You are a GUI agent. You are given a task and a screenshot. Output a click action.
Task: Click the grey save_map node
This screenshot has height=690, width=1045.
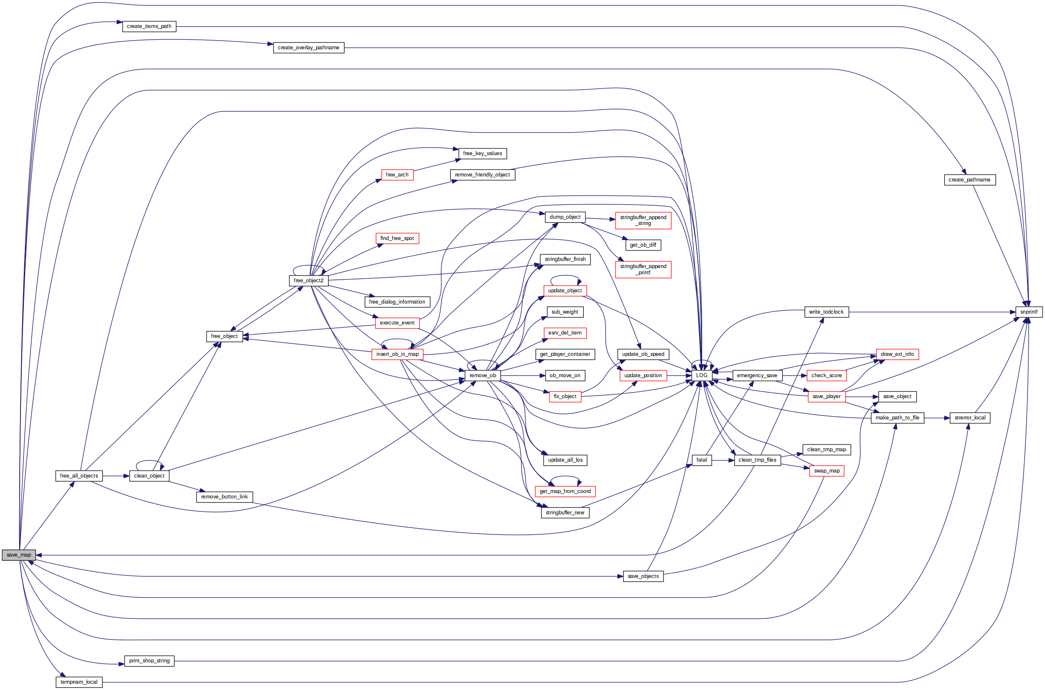point(19,555)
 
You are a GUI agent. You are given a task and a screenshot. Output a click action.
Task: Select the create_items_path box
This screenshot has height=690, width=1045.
point(149,26)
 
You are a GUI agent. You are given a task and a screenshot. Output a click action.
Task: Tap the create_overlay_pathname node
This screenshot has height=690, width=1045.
point(309,48)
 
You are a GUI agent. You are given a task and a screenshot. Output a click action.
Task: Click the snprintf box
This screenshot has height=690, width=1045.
point(1028,312)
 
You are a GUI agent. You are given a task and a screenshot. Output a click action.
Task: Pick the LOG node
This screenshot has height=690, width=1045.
point(701,376)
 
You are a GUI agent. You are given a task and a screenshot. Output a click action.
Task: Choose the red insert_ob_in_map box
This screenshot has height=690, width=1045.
point(397,354)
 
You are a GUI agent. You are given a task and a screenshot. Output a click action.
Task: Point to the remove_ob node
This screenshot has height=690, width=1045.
point(482,376)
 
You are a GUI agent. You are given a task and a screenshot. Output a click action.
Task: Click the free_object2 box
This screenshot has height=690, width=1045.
point(309,281)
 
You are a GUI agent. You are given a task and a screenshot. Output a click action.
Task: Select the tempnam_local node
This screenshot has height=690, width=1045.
point(79,682)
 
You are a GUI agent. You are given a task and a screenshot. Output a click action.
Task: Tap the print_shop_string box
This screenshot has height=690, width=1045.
point(149,661)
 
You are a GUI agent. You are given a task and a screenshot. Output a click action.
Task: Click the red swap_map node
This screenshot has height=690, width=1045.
point(826,471)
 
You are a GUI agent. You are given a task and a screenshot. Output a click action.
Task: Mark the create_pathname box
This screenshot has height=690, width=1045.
point(969,180)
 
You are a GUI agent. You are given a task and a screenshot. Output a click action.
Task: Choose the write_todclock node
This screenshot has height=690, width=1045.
point(826,312)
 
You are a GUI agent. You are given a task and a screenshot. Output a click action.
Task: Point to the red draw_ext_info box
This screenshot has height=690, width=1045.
point(897,354)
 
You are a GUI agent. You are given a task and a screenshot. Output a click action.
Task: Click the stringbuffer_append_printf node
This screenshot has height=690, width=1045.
point(643,269)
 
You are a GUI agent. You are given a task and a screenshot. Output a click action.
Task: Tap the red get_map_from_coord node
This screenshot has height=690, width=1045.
point(565,491)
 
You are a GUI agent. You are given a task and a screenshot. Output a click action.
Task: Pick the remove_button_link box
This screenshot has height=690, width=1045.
point(225,497)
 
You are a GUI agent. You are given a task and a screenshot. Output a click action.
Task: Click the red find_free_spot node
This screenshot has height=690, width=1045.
point(397,238)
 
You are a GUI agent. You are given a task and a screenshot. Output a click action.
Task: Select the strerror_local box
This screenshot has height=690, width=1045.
point(970,418)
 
